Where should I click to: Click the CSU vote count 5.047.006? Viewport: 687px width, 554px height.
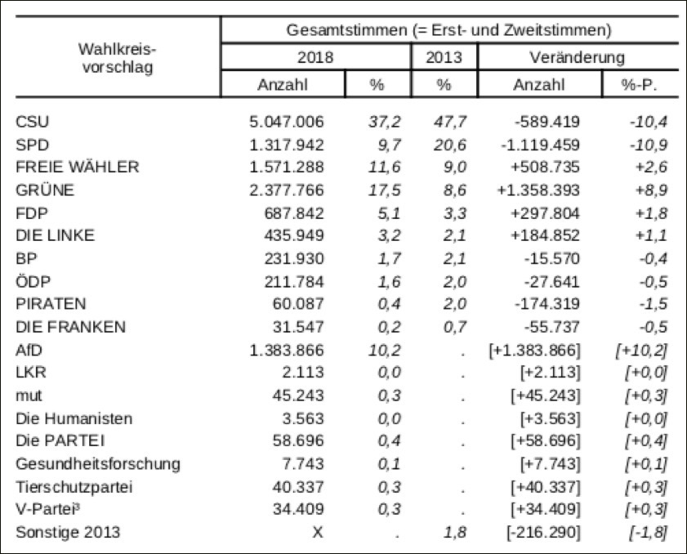point(287,122)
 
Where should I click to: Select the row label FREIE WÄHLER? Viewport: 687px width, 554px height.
point(78,167)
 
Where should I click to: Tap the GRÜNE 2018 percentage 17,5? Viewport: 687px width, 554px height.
point(384,190)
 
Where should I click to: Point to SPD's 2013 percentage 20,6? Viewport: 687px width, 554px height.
point(450,145)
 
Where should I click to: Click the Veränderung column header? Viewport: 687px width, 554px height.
point(577,57)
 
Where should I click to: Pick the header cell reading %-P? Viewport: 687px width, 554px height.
point(640,85)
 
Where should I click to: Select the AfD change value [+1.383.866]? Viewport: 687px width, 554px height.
point(534,351)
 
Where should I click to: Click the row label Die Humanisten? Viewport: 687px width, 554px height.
point(74,418)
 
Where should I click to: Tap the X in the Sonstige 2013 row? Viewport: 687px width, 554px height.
point(318,532)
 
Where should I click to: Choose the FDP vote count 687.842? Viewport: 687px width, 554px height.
point(294,213)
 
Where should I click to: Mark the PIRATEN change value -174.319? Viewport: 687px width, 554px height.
point(547,303)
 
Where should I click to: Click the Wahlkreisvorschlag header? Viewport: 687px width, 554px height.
point(118,58)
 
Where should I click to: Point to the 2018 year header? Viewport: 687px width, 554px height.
point(315,57)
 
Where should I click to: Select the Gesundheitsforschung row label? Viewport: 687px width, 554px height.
point(98,464)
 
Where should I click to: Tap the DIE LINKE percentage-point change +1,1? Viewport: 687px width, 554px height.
point(652,235)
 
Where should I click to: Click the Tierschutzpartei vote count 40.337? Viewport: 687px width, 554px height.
point(298,486)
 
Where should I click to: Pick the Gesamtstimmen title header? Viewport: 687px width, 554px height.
point(448,30)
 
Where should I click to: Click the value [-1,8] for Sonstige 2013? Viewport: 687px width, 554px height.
point(648,532)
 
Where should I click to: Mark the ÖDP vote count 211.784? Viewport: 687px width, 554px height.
point(294,281)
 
